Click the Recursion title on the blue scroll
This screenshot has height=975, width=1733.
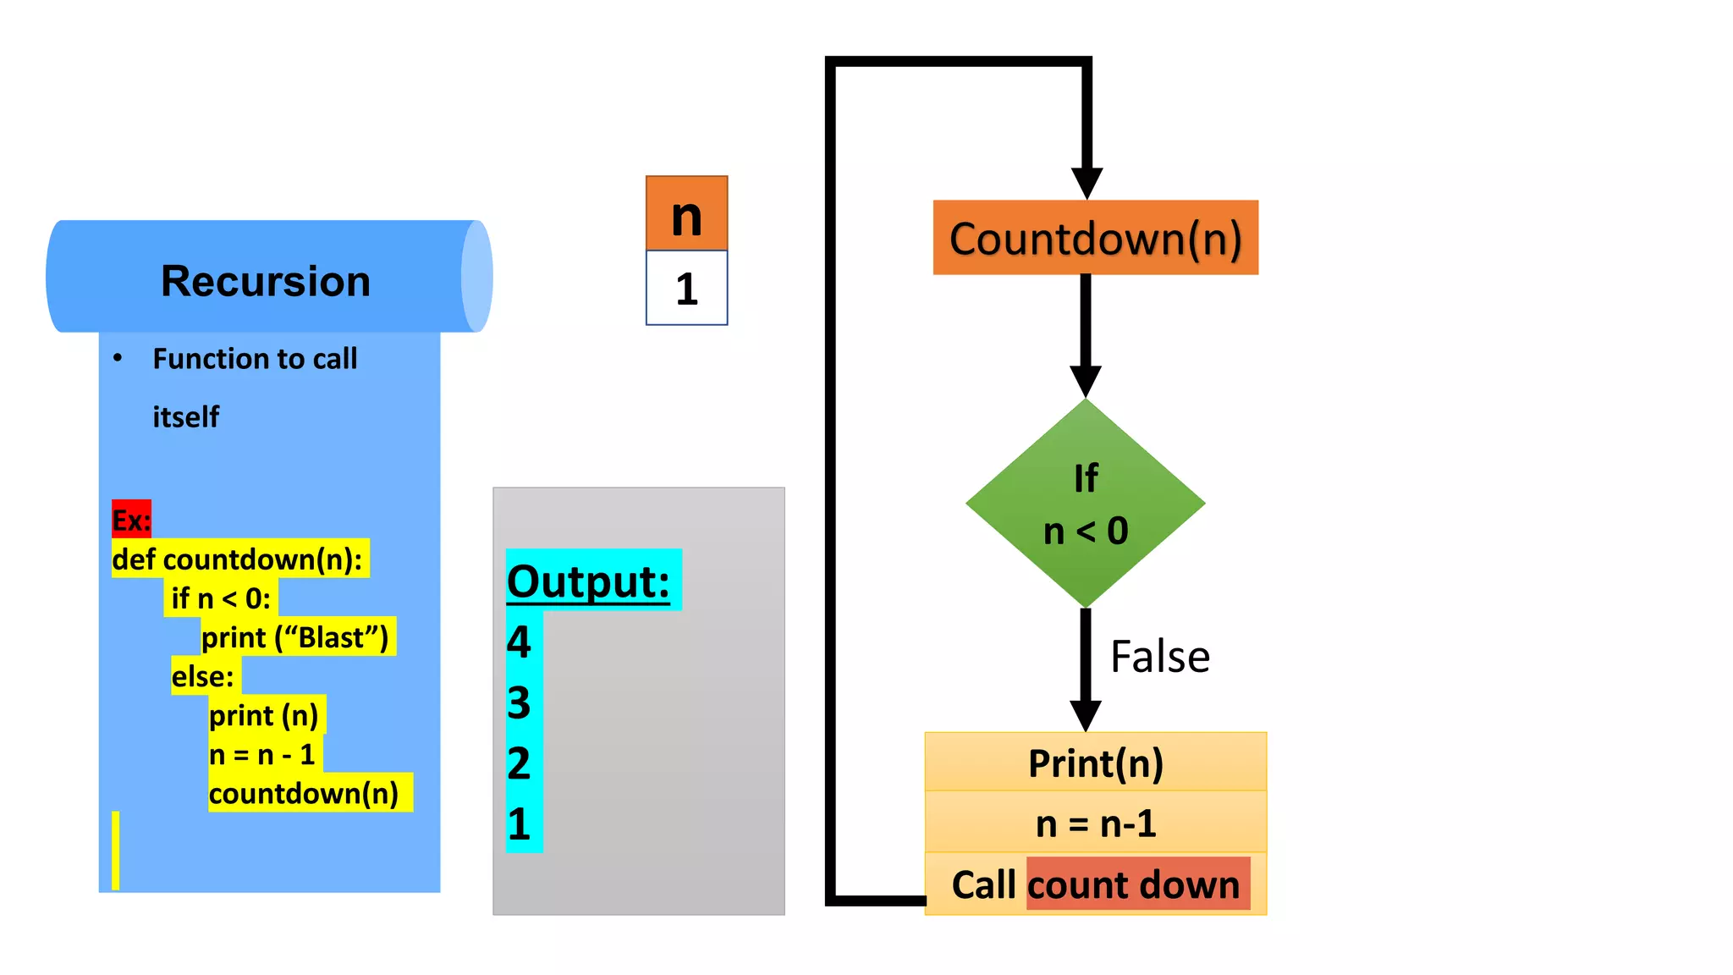[x=266, y=281]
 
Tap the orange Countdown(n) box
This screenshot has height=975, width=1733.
[x=1095, y=238]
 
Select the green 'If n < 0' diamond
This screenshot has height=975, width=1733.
[x=1085, y=504]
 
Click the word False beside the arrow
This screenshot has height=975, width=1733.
[x=1159, y=657]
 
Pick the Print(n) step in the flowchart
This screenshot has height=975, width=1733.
[x=1095, y=763]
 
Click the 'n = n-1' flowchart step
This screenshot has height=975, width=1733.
[x=1095, y=823]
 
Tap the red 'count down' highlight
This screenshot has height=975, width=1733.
[x=1137, y=884]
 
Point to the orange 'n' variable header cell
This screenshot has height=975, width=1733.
[x=686, y=214]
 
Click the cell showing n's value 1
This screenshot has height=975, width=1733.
[x=686, y=289]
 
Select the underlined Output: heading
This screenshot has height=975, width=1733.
[x=588, y=581]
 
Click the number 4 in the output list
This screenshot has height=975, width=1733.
[x=519, y=642]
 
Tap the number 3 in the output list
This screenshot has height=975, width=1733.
[x=519, y=702]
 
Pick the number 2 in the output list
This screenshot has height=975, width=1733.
[x=519, y=763]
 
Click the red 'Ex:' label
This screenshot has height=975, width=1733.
[x=131, y=519]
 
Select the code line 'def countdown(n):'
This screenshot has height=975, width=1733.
[x=238, y=559]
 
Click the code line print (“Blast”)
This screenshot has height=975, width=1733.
[x=295, y=637]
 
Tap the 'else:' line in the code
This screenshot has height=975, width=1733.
[x=203, y=676]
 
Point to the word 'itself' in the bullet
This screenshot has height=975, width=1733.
[x=186, y=416]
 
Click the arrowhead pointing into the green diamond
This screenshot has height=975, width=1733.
[x=1085, y=380]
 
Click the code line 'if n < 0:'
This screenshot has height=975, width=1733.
[x=221, y=598]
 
